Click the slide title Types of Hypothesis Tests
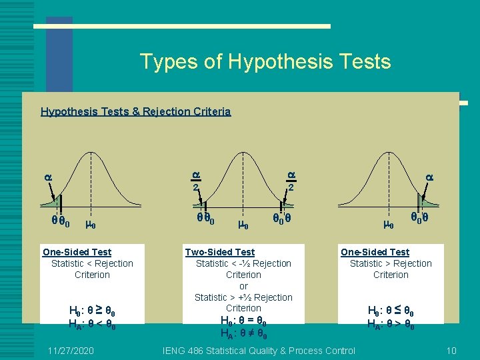pos(265,62)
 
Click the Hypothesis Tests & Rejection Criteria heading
pos(135,111)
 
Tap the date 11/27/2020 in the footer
pos(71,351)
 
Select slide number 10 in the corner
pos(451,351)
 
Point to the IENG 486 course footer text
pos(259,351)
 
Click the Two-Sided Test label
pos(219,252)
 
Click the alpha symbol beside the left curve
pos(47,177)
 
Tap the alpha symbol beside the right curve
pos(429,177)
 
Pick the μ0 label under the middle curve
pos(243,225)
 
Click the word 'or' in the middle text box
pos(243,286)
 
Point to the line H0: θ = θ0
pos(243,320)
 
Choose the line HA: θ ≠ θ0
pos(243,332)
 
